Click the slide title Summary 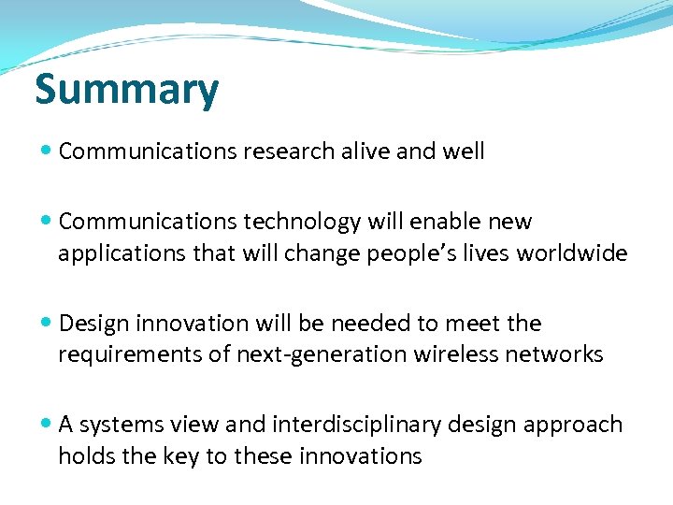[126, 90]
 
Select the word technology [304, 222]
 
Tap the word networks [557, 354]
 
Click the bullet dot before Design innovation [47, 324]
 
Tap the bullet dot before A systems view [47, 425]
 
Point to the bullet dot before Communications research [47, 151]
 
